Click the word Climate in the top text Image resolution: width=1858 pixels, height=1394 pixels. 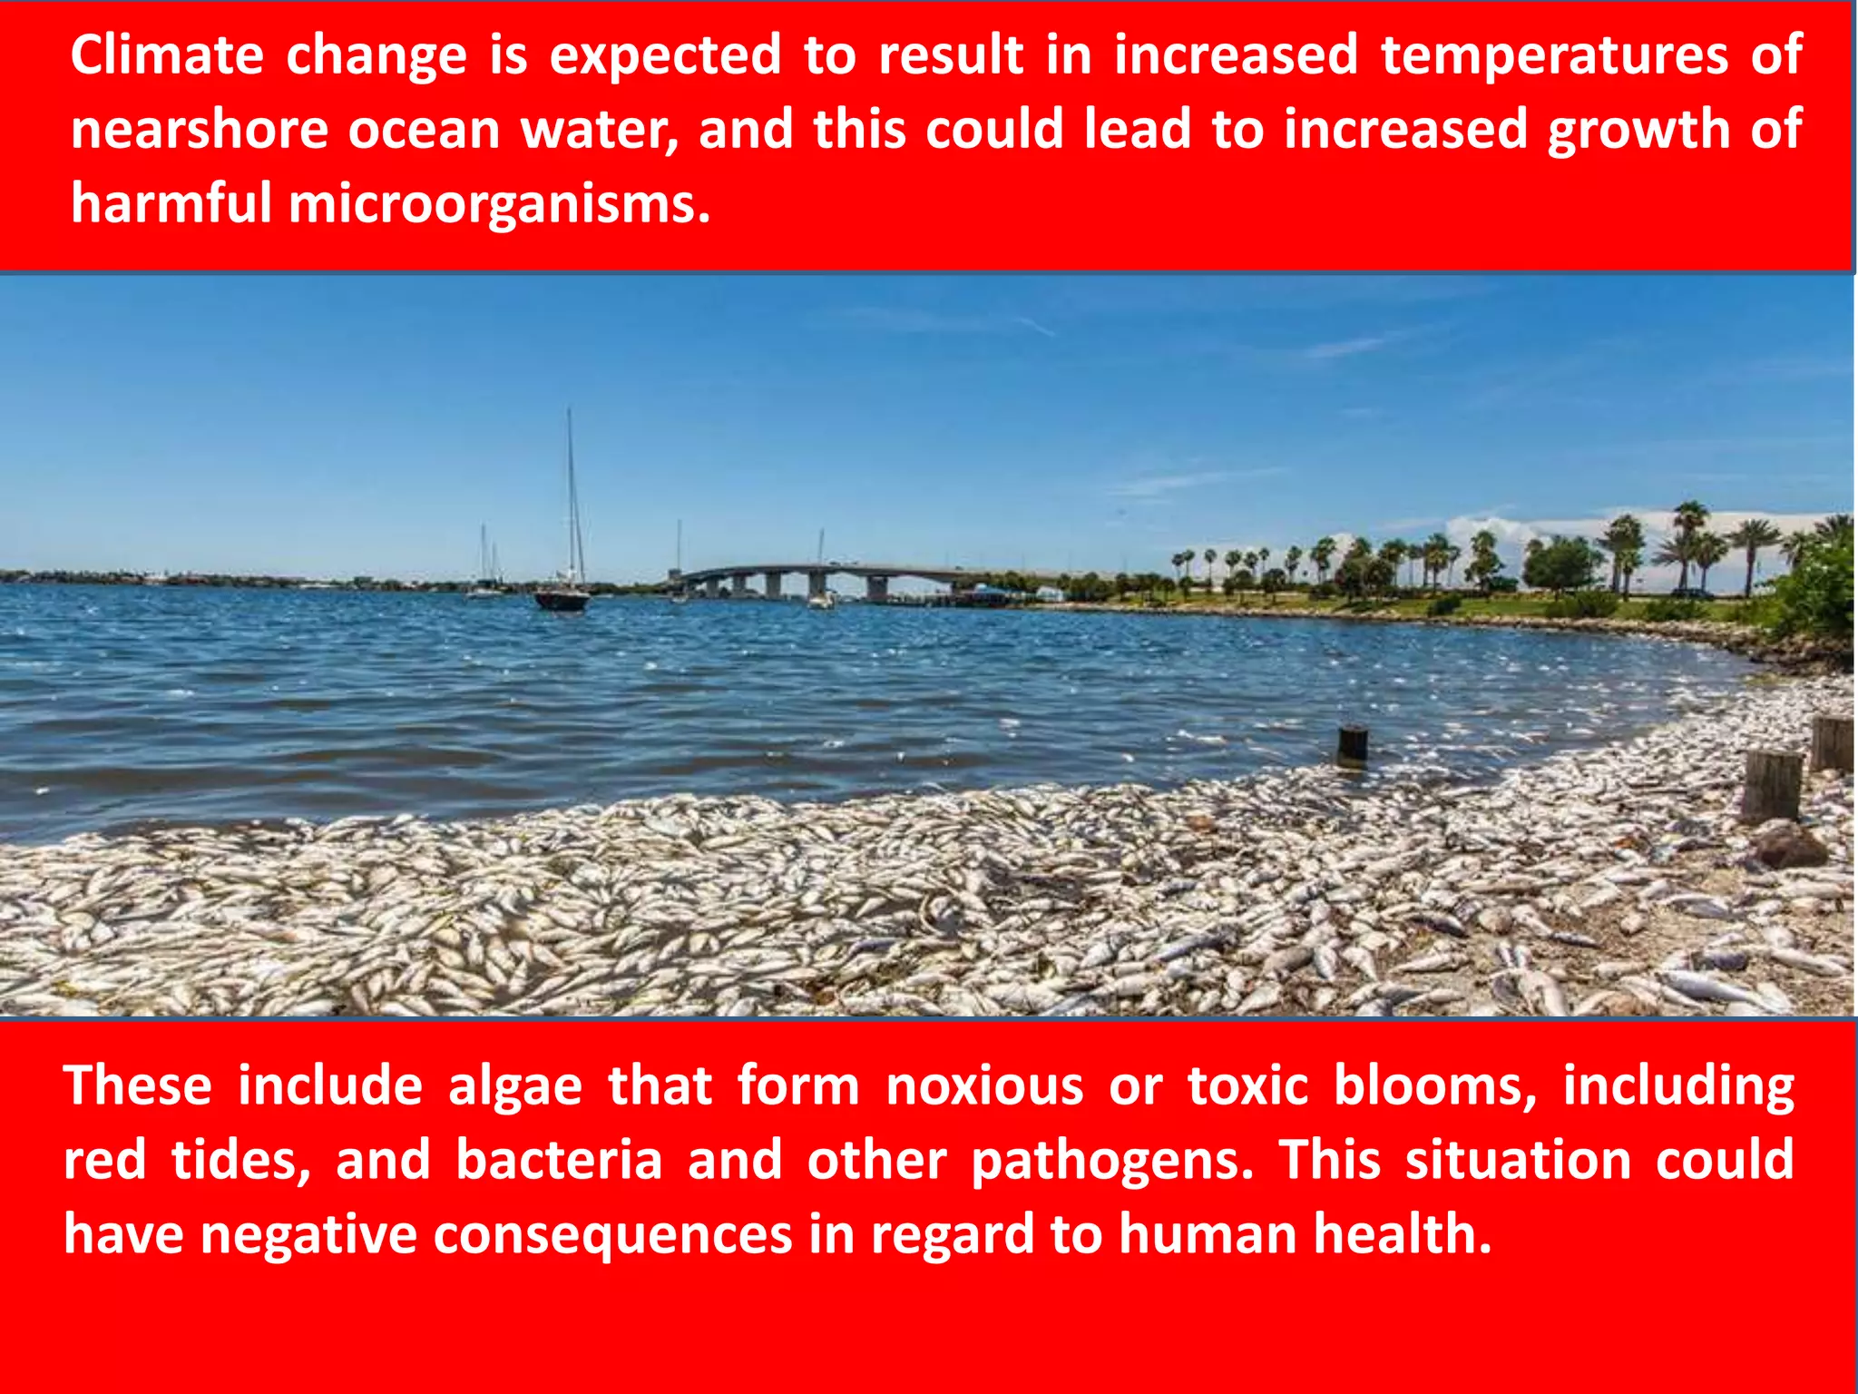point(167,54)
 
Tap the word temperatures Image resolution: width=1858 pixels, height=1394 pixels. point(1554,54)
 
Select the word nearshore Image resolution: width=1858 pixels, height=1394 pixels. point(200,129)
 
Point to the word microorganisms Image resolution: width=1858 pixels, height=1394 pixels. point(499,203)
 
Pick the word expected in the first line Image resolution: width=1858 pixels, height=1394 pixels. point(665,56)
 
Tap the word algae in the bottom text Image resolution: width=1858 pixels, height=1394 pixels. point(514,1086)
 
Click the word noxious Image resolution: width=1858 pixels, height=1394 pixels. point(984,1085)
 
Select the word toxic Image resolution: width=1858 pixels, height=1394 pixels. point(1248,1085)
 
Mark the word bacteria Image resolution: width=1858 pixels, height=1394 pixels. point(559,1160)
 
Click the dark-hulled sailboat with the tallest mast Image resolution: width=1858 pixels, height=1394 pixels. point(562,597)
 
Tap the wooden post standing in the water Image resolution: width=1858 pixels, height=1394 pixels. point(1352,744)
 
